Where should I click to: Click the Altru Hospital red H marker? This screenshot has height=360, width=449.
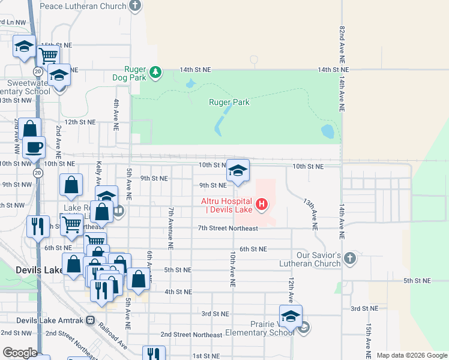point(261,205)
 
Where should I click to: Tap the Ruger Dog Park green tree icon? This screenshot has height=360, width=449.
point(155,73)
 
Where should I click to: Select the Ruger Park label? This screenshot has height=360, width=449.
point(229,102)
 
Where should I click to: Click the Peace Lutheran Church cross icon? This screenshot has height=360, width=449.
point(135,6)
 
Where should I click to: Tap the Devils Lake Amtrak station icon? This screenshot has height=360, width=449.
point(91,321)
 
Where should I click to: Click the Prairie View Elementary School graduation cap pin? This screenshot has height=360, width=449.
point(291,316)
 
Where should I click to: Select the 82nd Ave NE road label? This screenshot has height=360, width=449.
point(342,44)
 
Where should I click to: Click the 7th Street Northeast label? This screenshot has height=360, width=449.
point(228,229)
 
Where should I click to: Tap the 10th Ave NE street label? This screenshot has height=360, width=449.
point(232,268)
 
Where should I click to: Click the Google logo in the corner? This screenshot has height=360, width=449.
point(20,353)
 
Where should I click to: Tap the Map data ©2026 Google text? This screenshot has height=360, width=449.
point(412,355)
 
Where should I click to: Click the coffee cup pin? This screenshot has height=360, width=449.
point(34,147)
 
